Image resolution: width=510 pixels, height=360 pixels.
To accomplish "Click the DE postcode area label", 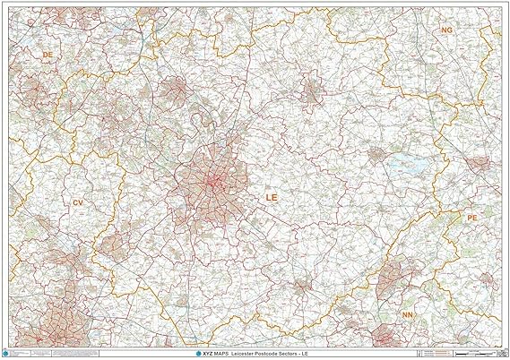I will (x=48, y=55).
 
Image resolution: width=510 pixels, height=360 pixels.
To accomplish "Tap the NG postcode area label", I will (x=446, y=30).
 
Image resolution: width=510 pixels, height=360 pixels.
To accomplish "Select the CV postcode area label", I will (x=78, y=203).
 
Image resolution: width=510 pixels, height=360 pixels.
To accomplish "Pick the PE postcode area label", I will (x=472, y=218).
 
